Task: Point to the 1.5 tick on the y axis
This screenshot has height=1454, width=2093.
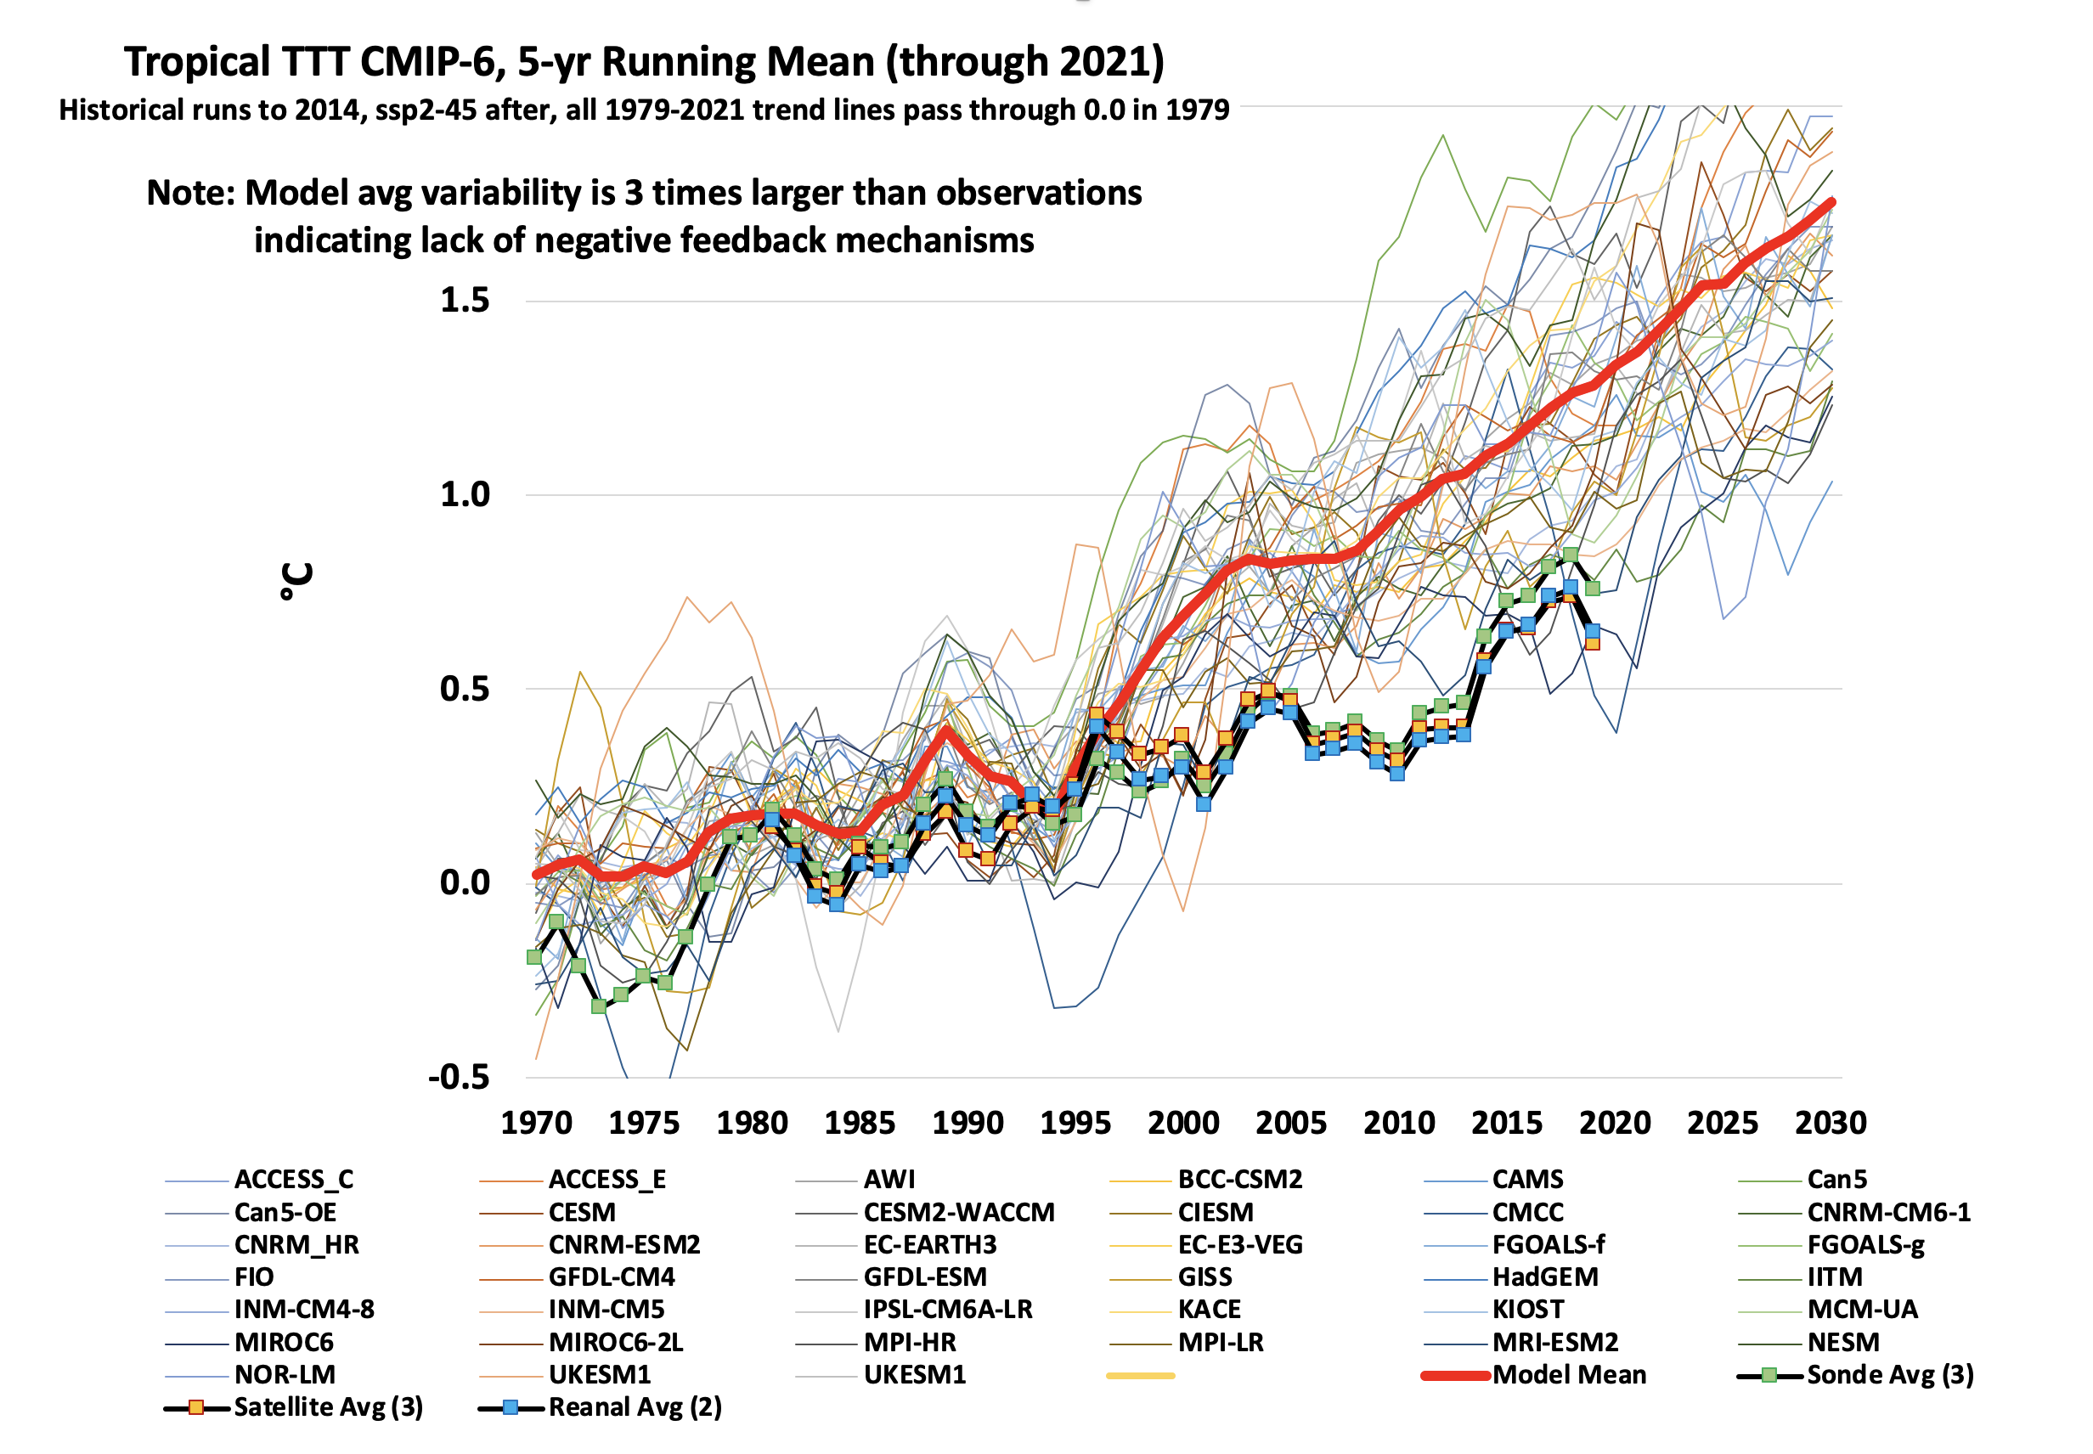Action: click(x=465, y=301)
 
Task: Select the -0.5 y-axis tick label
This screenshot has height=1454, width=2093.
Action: click(x=460, y=1077)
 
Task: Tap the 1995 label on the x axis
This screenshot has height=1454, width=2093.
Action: click(x=1075, y=1123)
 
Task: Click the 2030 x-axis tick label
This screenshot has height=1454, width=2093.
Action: click(x=1830, y=1123)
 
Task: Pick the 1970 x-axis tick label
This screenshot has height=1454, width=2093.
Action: click(x=537, y=1123)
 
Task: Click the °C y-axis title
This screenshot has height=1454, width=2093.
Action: click(x=297, y=581)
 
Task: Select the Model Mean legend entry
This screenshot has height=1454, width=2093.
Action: click(x=1568, y=1375)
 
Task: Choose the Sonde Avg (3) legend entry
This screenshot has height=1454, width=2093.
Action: click(x=1889, y=1375)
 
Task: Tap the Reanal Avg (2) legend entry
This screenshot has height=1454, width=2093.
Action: click(x=635, y=1407)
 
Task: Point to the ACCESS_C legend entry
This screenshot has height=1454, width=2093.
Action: click(x=293, y=1180)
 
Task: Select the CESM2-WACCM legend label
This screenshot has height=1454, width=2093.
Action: click(x=958, y=1213)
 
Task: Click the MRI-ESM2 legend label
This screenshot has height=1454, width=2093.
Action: click(x=1554, y=1342)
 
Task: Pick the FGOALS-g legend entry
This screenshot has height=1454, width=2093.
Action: click(x=1865, y=1244)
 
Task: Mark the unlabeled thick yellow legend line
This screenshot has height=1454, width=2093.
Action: click(x=1140, y=1376)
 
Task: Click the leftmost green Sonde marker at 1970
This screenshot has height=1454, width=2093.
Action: click(x=535, y=956)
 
